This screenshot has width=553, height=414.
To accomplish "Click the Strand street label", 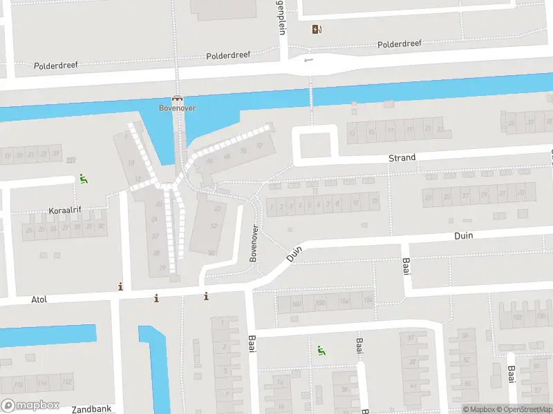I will pyautogui.click(x=402, y=158).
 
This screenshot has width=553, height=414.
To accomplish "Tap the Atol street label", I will pyautogui.click(x=39, y=300).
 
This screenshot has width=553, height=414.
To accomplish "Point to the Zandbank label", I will pyautogui.click(x=91, y=409).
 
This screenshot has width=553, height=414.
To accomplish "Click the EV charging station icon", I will pyautogui.click(x=317, y=29).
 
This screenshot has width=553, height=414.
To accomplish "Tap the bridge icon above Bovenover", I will pyautogui.click(x=177, y=99).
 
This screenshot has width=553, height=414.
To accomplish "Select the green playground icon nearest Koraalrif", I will pyautogui.click(x=84, y=179).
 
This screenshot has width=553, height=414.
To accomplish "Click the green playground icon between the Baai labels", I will pyautogui.click(x=321, y=351).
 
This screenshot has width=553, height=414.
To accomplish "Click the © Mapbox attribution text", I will pyautogui.click(x=479, y=409).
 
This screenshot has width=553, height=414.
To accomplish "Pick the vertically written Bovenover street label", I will pyautogui.click(x=254, y=243).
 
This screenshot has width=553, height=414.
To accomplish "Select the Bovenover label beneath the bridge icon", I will pyautogui.click(x=177, y=108).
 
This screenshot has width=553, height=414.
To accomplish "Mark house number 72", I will pyautogui.click(x=260, y=146).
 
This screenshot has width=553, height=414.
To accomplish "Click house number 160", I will pyautogui.click(x=297, y=304).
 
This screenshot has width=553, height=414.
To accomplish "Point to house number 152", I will pyautogui.click(x=517, y=318).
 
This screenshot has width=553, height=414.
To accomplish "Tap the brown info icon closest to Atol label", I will pyautogui.click(x=121, y=286).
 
